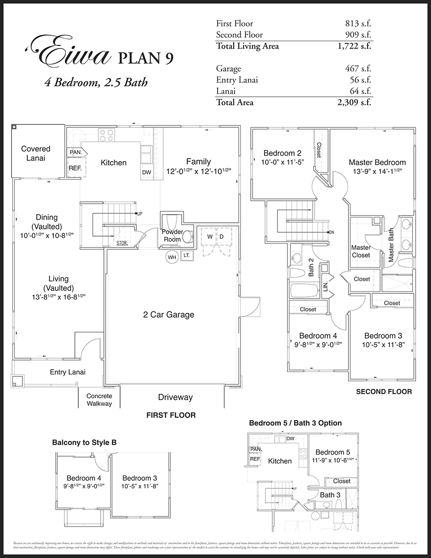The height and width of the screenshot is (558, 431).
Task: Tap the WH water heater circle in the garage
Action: pyautogui.click(x=172, y=257)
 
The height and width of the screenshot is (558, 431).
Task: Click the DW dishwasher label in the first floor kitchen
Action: pyautogui.click(x=147, y=173)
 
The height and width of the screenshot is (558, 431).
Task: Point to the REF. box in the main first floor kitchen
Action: pyautogui.click(x=75, y=169)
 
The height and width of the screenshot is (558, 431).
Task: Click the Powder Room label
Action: pyautogui.click(x=172, y=236)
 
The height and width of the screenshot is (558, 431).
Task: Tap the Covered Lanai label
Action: pyautogui.click(x=36, y=153)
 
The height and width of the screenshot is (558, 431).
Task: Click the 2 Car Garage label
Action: pyautogui.click(x=169, y=314)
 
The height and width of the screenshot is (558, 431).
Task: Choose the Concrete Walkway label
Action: pyautogui.click(x=99, y=400)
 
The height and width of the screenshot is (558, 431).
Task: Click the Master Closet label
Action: pyautogui.click(x=361, y=251)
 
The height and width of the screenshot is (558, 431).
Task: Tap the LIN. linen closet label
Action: pyautogui.click(x=326, y=287)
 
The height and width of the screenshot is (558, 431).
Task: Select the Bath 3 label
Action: pyautogui.click(x=330, y=495)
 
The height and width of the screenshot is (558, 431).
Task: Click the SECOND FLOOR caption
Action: pyautogui.click(x=384, y=392)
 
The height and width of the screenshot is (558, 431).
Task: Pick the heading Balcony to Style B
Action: pyautogui.click(x=84, y=443)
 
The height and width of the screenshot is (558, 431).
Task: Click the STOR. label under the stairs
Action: pyautogui.click(x=122, y=243)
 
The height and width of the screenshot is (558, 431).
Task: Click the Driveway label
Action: pyautogui.click(x=175, y=397)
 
